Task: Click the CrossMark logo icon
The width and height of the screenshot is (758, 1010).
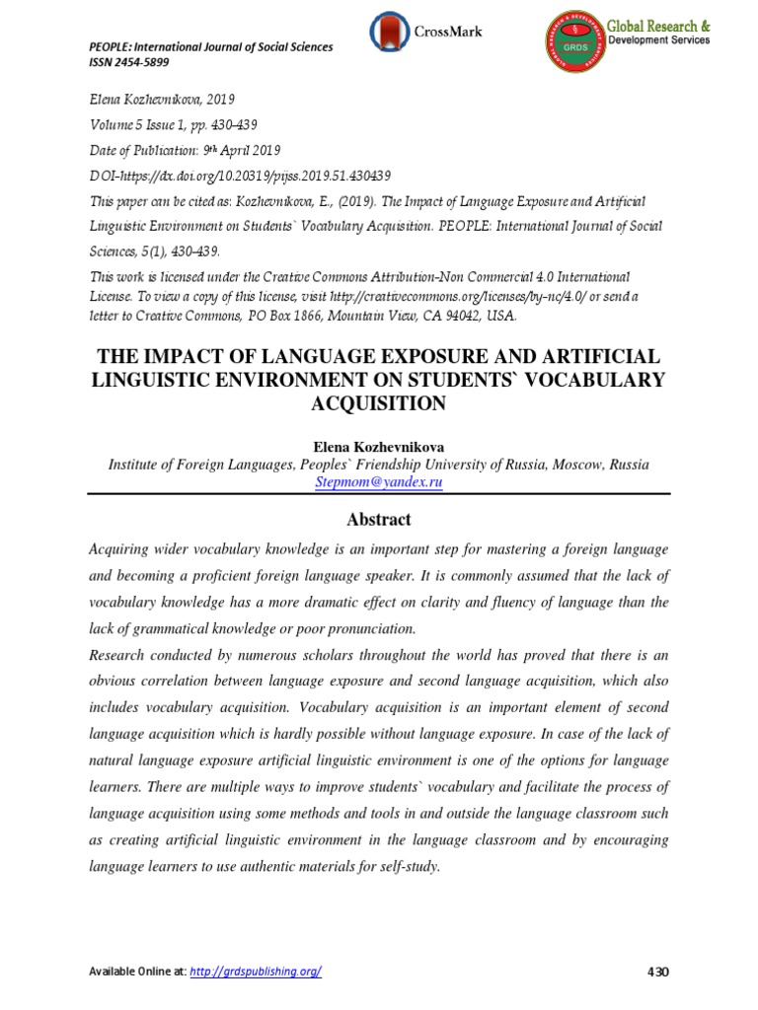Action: tap(387, 32)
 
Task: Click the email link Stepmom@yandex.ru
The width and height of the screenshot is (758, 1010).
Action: tap(379, 482)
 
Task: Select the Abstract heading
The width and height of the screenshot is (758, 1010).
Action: tap(379, 520)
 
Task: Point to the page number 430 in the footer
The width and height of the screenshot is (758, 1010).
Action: tap(657, 972)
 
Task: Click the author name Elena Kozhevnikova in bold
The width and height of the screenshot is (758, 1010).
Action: tap(379, 447)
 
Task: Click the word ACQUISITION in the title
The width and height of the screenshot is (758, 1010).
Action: tap(379, 403)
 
